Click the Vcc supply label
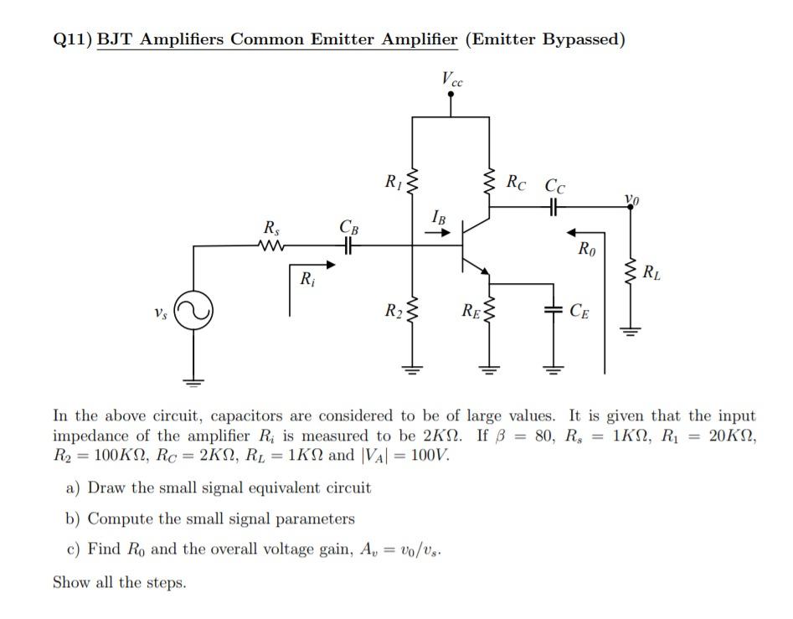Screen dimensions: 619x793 [x=451, y=80]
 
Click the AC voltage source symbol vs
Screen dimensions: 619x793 [x=195, y=312]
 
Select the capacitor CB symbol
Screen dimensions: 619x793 [x=348, y=245]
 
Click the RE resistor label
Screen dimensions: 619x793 [x=470, y=313]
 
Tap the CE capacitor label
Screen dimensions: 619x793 [x=578, y=313]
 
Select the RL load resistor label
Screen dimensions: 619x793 [x=650, y=271]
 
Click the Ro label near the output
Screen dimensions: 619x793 [x=586, y=248]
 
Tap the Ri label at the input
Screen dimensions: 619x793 [x=307, y=278]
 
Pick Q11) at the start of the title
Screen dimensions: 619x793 [x=72, y=39]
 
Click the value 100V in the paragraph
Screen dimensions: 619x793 [x=431, y=457]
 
